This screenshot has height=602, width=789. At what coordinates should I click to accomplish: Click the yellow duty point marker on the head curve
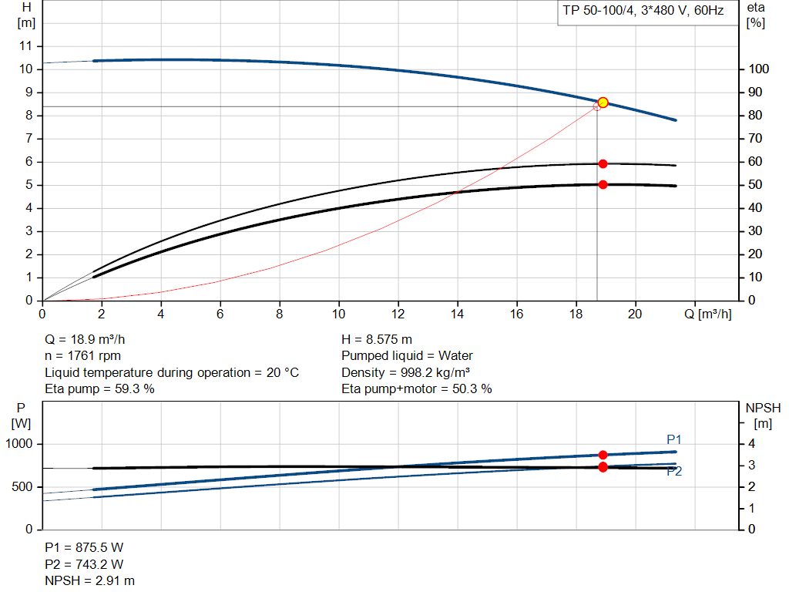[x=603, y=103]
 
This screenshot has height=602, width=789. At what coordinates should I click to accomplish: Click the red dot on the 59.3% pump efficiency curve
[x=603, y=163]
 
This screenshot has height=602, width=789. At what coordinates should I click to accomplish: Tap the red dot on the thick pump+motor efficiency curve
[x=603, y=184]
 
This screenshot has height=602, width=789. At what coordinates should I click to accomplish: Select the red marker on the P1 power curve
[x=603, y=455]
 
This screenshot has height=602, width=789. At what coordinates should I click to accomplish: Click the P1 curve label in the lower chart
[x=674, y=439]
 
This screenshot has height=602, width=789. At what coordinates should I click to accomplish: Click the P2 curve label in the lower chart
[x=674, y=472]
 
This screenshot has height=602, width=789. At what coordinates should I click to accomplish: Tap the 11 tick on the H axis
[x=26, y=46]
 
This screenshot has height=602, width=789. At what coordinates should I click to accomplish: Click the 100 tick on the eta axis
[x=758, y=69]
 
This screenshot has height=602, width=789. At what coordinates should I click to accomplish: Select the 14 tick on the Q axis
[x=458, y=314]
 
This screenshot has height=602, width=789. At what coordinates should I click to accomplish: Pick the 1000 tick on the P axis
[x=20, y=444]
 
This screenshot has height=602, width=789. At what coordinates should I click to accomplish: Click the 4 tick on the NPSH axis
[x=752, y=444]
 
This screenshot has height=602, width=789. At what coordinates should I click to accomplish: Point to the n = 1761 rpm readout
[x=82, y=355]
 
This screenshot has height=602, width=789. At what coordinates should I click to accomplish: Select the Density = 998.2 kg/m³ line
[x=406, y=372]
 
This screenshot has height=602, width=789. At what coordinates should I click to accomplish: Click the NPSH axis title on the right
[x=757, y=414]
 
